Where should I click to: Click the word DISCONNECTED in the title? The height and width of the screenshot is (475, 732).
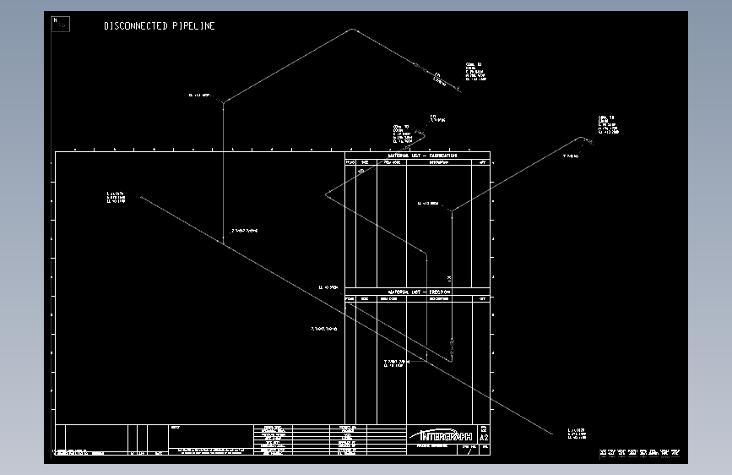136,26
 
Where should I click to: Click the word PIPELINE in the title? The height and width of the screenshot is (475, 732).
193,26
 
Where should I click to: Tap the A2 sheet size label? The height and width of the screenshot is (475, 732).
484,439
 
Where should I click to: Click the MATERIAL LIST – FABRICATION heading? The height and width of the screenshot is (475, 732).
421,156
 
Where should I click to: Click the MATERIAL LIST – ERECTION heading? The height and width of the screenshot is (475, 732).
420,292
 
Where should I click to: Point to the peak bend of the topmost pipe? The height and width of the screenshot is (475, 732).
353,30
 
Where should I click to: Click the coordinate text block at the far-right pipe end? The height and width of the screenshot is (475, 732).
608,125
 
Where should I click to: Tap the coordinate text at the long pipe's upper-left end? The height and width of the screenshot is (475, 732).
116,197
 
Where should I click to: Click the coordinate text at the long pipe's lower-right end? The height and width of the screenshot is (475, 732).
577,434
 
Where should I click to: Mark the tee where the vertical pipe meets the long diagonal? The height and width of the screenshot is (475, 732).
224,243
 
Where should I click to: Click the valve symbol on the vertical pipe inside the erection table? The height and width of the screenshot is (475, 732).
451,344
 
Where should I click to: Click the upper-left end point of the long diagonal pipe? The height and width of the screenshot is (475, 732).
140,197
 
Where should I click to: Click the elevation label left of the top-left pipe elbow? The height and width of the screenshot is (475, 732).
199,96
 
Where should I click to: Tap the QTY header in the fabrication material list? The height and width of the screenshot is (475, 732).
483,161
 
